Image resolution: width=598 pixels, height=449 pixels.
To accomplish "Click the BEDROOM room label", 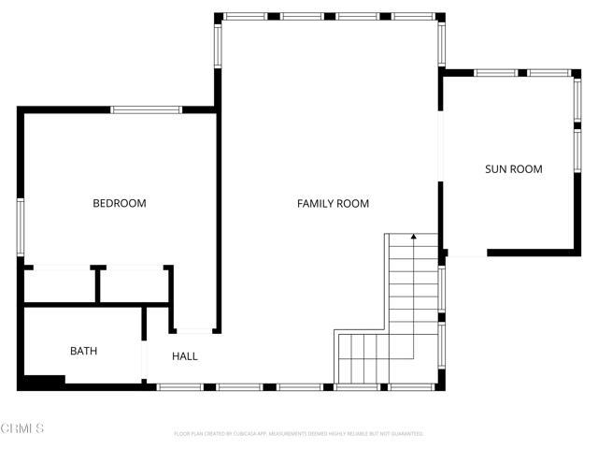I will (119, 203).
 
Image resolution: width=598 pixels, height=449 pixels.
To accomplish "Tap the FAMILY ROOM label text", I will (333, 203).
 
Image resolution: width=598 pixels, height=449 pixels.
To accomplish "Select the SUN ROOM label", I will (513, 169).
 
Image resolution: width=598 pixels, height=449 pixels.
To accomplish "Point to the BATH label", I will (83, 352).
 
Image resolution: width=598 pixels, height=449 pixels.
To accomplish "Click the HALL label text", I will (185, 356).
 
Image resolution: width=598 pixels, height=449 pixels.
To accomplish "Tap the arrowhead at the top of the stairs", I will (413, 238).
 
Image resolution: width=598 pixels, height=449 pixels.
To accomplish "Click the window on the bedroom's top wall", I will (147, 109).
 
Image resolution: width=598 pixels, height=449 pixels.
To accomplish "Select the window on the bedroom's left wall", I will (20, 227).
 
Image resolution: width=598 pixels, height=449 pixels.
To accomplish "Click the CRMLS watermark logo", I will (22, 428).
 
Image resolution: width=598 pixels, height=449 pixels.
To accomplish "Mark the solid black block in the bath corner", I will (43, 381).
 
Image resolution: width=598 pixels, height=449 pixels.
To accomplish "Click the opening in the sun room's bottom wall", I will (467, 252).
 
